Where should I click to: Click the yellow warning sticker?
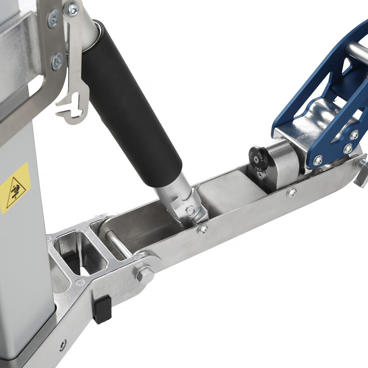(x=15, y=188)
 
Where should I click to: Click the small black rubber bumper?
(x=102, y=309)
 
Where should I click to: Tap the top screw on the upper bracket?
(x=53, y=18)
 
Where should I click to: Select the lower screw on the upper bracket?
(x=57, y=61)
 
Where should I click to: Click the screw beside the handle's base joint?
(x=202, y=230)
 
